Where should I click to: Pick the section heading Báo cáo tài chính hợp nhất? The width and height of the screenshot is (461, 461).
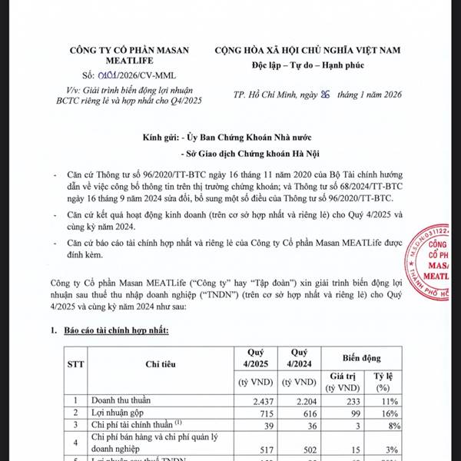120,330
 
